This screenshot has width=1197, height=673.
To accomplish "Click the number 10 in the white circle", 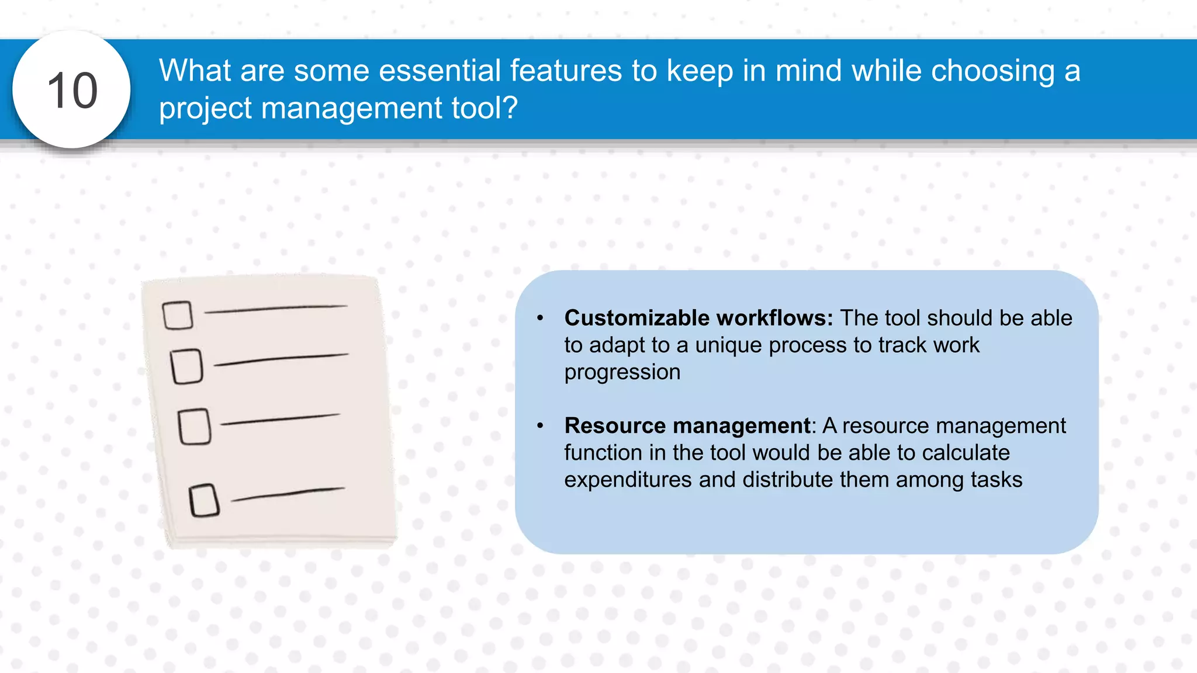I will (72, 91).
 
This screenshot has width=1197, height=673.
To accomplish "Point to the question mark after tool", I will (509, 107).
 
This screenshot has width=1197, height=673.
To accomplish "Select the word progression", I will (622, 372).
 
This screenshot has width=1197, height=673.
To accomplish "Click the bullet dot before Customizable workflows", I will (540, 318).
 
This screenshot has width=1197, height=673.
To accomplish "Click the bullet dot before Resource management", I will (540, 426).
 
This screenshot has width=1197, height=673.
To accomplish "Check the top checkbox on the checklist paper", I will (178, 315).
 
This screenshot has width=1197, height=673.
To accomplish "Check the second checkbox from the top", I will (187, 366).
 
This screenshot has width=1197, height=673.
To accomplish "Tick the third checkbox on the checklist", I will (195, 426).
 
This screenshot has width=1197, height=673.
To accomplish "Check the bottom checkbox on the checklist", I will (204, 500).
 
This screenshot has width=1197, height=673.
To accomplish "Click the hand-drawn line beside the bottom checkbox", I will (288, 494).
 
